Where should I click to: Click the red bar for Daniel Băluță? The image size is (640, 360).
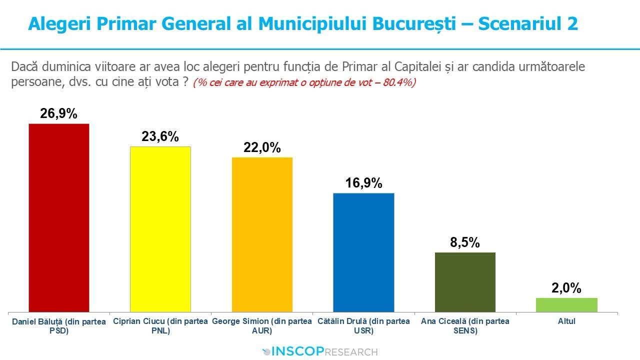click(59, 218)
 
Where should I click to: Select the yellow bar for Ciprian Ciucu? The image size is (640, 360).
click(160, 229)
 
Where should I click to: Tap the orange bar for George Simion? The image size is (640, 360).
click(262, 235)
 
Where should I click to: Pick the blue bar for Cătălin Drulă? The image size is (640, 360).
click(363, 252)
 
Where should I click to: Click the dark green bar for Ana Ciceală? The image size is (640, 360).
click(465, 282)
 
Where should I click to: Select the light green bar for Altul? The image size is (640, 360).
click(566, 305)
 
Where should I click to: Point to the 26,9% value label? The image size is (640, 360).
click(59, 114)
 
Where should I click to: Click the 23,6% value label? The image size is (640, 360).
click(160, 136)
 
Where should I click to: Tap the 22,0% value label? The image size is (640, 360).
click(262, 147)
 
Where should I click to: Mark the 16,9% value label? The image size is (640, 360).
click(363, 183)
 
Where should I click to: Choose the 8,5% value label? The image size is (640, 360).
click(465, 242)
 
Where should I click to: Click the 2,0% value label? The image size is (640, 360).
click(566, 288)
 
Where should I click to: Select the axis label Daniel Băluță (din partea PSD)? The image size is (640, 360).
click(59, 326)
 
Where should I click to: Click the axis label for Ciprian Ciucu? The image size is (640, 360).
click(160, 325)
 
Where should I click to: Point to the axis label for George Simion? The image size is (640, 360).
click(262, 325)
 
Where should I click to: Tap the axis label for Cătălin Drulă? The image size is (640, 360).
click(363, 325)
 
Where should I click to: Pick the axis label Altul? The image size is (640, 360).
click(566, 321)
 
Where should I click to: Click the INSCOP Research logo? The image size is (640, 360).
click(320, 351)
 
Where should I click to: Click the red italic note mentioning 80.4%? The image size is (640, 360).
click(304, 82)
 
